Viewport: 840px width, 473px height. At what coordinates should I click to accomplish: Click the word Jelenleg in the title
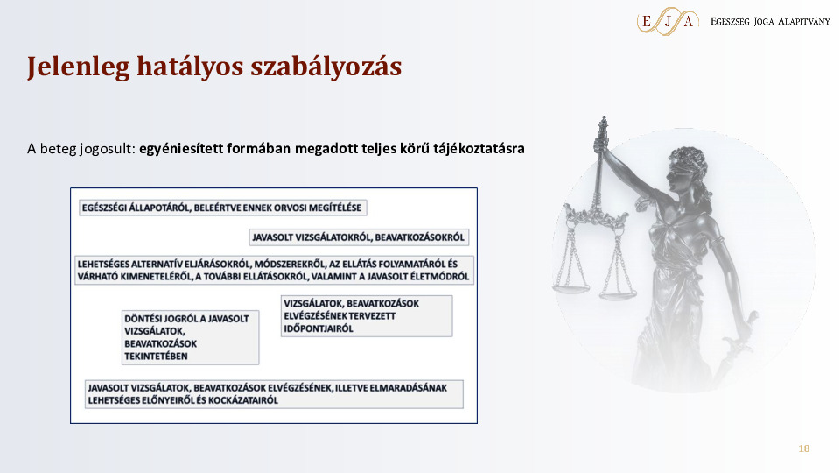(78, 67)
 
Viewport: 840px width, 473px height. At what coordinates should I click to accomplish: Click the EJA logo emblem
(668, 21)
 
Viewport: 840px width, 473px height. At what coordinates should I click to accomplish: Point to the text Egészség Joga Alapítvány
(770, 21)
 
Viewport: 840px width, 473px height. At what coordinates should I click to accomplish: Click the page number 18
(803, 448)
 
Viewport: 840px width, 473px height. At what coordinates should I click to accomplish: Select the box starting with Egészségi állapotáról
(223, 208)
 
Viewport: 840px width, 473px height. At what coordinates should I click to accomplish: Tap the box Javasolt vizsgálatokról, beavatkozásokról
(359, 237)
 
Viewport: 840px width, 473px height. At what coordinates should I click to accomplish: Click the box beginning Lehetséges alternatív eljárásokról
(274, 271)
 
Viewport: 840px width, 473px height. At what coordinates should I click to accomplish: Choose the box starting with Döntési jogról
(190, 338)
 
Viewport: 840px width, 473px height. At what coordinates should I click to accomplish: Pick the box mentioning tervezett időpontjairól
(367, 316)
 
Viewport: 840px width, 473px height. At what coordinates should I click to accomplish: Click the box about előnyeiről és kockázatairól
(274, 394)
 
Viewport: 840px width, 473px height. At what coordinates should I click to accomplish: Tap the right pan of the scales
(618, 293)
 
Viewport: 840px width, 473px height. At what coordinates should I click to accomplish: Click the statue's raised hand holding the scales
(602, 143)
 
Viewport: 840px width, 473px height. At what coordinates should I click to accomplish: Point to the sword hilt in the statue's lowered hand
(742, 335)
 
